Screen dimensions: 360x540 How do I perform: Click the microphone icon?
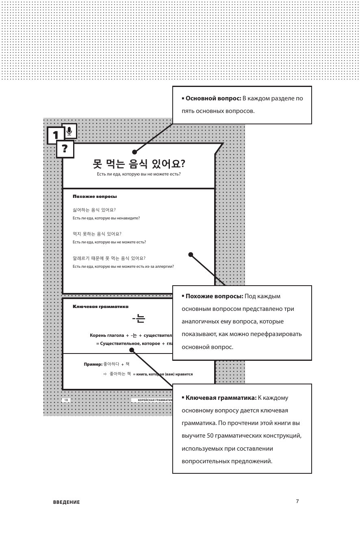(x=69, y=131)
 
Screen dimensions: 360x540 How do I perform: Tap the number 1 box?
(x=56, y=136)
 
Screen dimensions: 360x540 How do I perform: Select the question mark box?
(x=65, y=149)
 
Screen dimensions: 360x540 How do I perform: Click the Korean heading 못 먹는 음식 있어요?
(x=139, y=164)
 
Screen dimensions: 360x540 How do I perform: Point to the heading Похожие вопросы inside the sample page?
(x=95, y=197)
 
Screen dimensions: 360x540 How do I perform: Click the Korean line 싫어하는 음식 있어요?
(x=94, y=210)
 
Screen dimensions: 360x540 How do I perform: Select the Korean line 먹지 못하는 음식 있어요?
(x=97, y=234)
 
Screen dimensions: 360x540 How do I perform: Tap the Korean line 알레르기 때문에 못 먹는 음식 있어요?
(x=109, y=258)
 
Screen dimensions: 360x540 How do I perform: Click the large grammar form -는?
(x=139, y=319)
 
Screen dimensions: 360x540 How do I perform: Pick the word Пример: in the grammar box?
(x=93, y=364)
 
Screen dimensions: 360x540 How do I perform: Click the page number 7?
(x=297, y=501)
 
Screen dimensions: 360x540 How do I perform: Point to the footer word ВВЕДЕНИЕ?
(x=67, y=502)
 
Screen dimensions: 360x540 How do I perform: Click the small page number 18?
(x=66, y=400)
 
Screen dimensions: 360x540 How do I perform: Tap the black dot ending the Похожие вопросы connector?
(x=191, y=255)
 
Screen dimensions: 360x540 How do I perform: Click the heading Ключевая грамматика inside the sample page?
(x=100, y=307)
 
